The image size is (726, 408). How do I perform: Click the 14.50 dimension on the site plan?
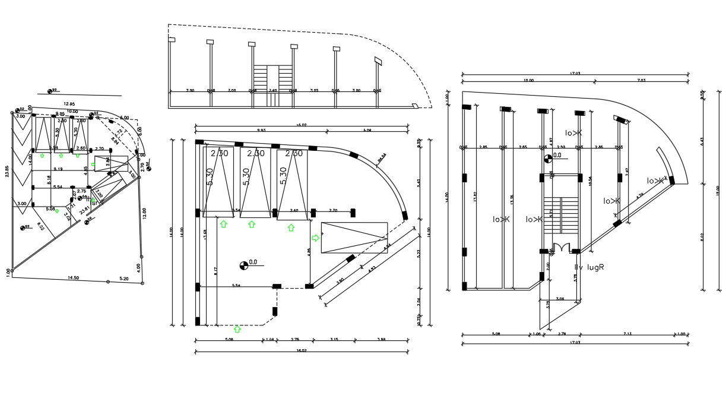click(73, 278)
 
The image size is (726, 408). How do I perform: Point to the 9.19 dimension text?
click(58, 170)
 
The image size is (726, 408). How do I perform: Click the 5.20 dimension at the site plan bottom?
click(123, 279)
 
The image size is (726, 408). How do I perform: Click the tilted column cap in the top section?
click(378, 61)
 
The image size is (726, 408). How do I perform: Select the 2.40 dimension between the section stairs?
click(273, 90)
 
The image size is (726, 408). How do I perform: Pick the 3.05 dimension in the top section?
click(314, 90)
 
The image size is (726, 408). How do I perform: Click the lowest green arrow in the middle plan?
click(238, 328)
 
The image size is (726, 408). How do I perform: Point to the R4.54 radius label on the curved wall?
click(381, 157)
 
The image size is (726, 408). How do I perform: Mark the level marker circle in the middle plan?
click(243, 264)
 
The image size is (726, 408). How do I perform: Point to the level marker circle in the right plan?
click(547, 158)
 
